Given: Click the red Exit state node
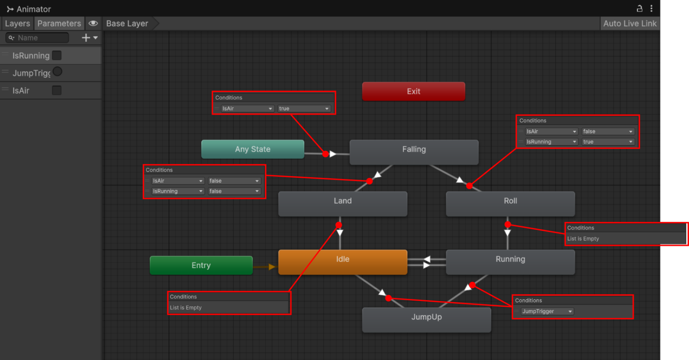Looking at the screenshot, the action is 413,91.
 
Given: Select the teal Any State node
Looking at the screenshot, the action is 253,149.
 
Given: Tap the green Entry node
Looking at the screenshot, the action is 201,265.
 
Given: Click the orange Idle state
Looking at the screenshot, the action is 343,262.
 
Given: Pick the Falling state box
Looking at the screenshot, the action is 414,152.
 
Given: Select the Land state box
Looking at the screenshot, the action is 343,204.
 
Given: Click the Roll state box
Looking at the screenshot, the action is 510,204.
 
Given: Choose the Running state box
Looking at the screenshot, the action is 510,262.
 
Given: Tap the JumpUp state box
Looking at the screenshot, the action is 427,320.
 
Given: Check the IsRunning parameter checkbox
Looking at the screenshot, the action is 57,55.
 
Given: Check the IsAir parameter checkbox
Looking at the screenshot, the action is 57,90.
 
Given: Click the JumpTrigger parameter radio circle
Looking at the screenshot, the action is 57,72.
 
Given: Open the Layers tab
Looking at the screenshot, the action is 17,23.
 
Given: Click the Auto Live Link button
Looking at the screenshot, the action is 630,23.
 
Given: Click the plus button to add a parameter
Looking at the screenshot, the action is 86,37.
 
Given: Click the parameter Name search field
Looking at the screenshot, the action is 37,38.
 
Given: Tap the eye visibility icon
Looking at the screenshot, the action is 93,23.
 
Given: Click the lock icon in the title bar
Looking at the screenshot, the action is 639,9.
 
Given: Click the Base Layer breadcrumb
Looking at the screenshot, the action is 127,23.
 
